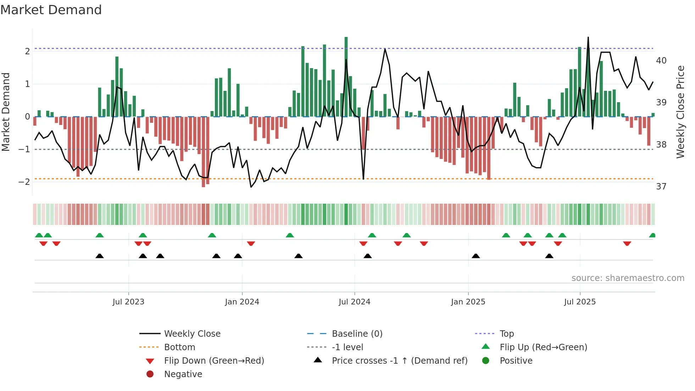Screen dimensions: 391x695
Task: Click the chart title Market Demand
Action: (x=51, y=10)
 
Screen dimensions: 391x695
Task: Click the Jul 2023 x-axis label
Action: (x=128, y=302)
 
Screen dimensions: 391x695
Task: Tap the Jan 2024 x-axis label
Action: (x=242, y=302)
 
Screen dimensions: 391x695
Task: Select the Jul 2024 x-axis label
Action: (x=354, y=302)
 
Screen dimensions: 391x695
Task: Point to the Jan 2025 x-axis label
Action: (x=468, y=302)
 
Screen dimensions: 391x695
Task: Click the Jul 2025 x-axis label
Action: (x=580, y=302)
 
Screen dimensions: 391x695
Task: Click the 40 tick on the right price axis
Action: (x=661, y=61)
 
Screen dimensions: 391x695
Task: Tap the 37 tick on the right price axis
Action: (x=661, y=187)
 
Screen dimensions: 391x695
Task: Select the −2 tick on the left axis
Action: (x=24, y=182)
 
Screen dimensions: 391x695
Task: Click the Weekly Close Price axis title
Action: (x=680, y=112)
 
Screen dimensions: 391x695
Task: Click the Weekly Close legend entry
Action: (x=192, y=334)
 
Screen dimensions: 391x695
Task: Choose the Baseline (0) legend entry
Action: (x=357, y=334)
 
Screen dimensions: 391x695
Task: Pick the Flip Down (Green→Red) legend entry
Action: (x=214, y=361)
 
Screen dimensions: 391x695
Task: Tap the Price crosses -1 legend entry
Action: (x=399, y=361)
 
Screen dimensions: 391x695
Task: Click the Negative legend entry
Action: (x=183, y=374)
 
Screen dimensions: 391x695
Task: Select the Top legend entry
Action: (x=506, y=334)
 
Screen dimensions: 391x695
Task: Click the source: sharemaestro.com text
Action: (x=628, y=278)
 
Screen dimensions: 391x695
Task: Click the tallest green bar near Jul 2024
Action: (x=346, y=76)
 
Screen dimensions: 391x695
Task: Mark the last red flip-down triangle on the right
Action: (x=627, y=243)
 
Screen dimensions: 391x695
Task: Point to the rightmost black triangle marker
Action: (x=549, y=256)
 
